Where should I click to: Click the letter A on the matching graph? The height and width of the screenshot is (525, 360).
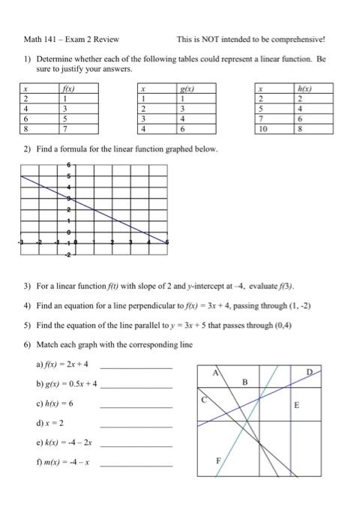(216, 373)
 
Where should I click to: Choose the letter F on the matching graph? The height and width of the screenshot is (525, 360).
(219, 463)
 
